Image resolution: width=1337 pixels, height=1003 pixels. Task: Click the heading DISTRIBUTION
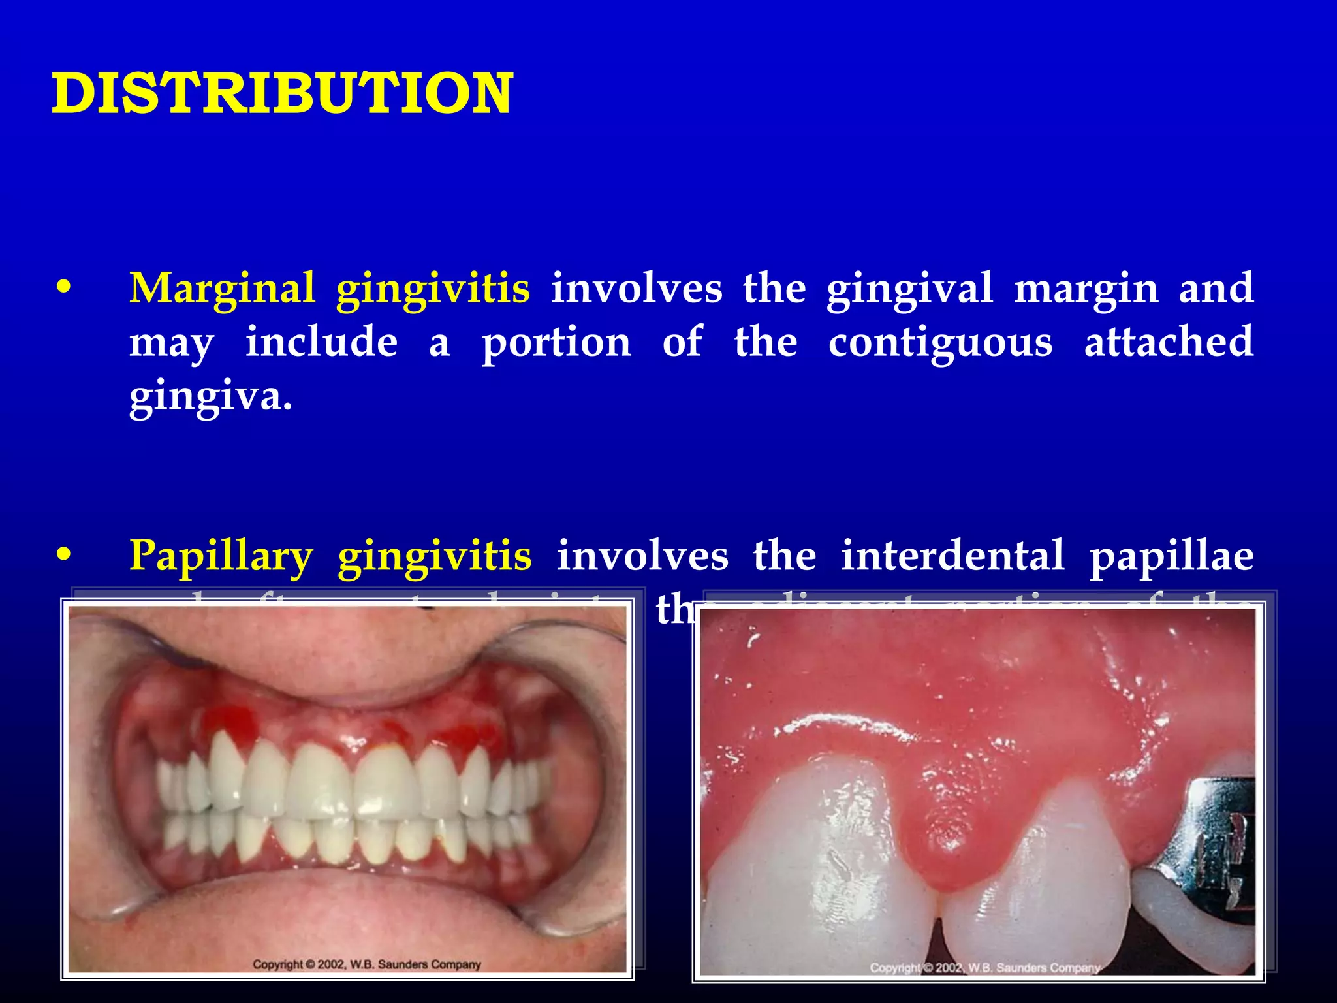282,94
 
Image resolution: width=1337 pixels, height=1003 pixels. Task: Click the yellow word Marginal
222,289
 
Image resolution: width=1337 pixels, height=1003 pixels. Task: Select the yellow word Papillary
221,556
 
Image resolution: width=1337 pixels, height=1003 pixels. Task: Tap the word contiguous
940,343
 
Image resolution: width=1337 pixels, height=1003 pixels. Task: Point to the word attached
1169,342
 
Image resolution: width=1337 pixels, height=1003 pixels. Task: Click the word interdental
952,556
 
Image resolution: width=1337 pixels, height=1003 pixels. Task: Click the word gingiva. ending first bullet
210,397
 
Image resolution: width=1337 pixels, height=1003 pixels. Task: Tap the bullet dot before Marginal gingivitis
63,288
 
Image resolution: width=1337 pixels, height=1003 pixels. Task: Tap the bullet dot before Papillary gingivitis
63,555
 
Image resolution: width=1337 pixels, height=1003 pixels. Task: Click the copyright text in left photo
366,964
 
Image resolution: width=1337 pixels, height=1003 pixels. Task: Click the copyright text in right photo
984,968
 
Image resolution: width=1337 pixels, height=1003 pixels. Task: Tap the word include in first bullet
321,342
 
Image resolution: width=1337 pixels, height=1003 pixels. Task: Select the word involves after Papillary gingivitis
642,556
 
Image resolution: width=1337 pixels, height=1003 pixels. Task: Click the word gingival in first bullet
909,289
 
